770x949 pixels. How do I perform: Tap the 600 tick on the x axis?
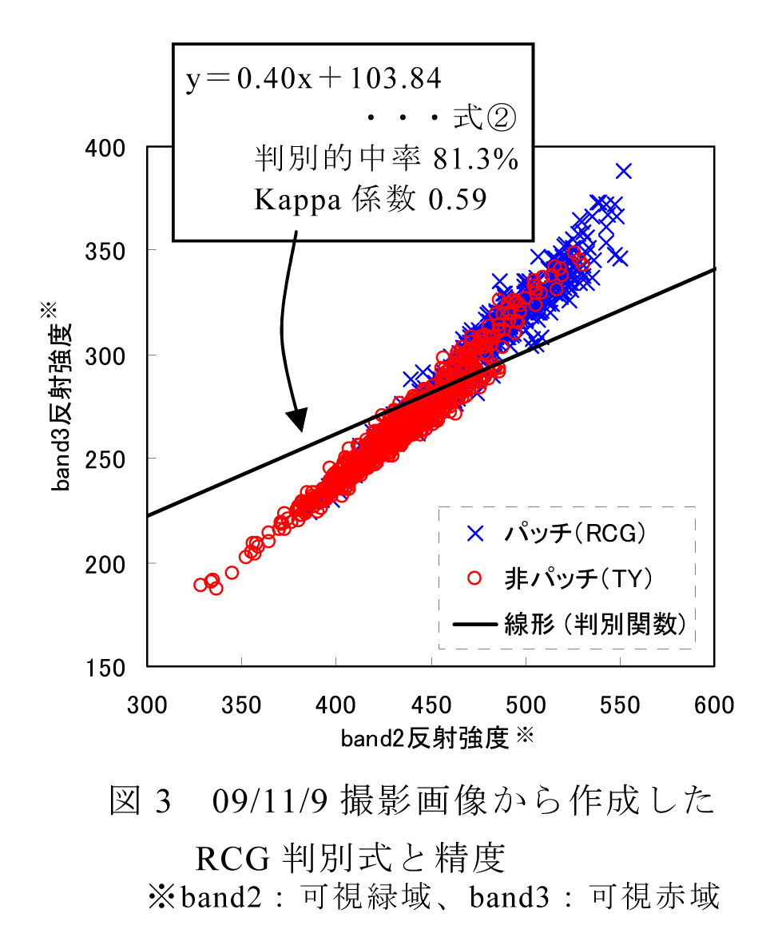pos(714,705)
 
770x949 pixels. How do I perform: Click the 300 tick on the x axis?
pos(147,705)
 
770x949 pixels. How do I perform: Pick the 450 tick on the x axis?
pos(431,705)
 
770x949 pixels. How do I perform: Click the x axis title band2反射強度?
pos(425,739)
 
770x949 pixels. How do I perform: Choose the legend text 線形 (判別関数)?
pos(595,624)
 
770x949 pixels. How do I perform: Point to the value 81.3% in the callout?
pos(476,159)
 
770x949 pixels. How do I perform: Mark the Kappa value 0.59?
pos(458,200)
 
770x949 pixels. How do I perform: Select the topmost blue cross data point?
pos(624,171)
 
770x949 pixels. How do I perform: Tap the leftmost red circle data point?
pos(200,585)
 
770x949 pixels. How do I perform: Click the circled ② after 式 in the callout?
pos(502,119)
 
